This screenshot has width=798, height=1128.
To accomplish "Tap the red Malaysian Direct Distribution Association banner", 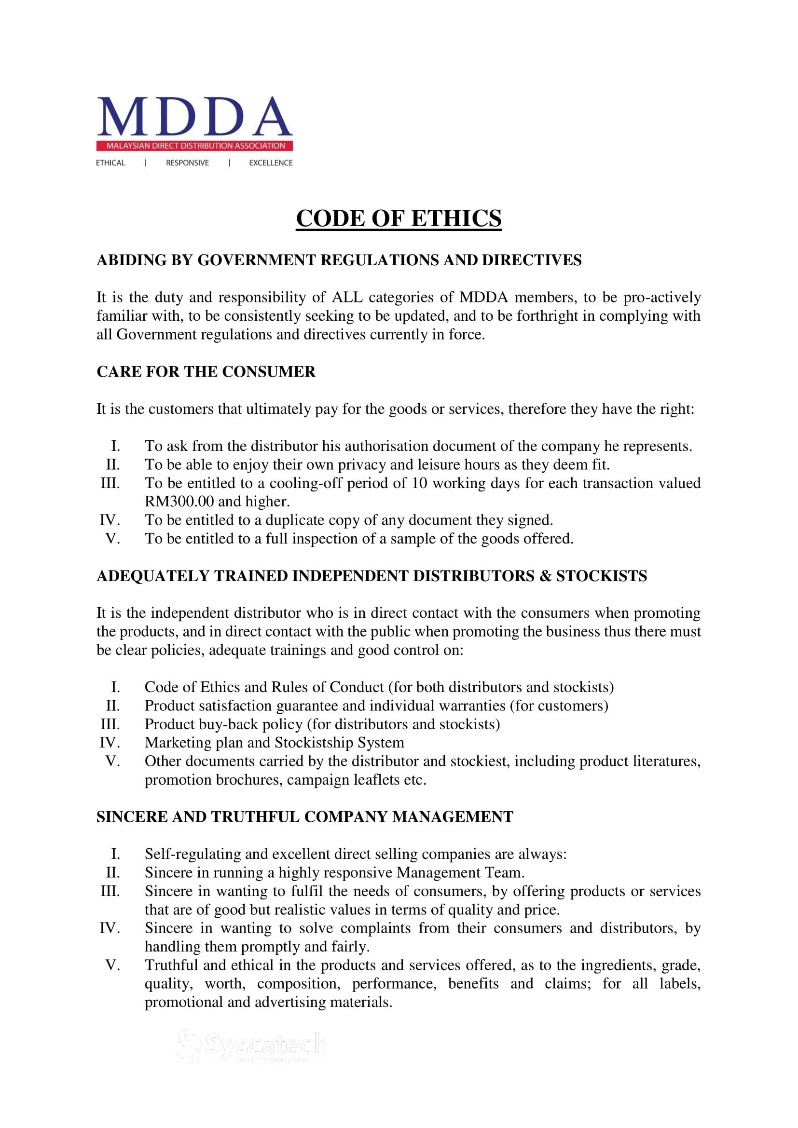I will [x=194, y=146].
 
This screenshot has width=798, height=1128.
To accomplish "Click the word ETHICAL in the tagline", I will [x=110, y=163].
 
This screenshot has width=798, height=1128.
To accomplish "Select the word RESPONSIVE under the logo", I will [x=187, y=163].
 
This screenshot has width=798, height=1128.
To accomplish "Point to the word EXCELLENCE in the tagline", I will [x=271, y=163].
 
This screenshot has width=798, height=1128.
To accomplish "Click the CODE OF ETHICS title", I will [x=399, y=218].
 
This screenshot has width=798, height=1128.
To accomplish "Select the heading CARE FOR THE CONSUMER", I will [x=206, y=372].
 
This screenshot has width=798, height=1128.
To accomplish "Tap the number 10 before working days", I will [x=419, y=483].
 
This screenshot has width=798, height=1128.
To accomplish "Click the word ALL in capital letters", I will [x=347, y=298].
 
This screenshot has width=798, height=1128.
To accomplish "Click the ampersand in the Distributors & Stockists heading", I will [x=545, y=576].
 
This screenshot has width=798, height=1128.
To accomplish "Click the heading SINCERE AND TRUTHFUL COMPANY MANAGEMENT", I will [x=304, y=817].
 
